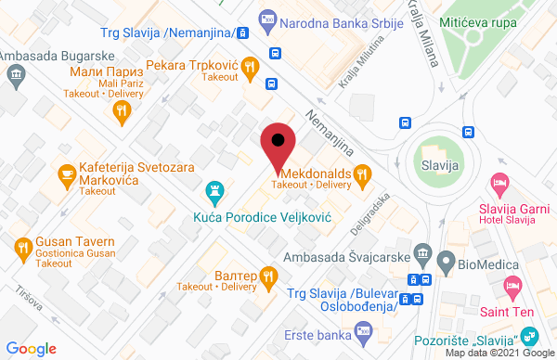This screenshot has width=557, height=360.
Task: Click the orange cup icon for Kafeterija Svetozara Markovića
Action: point(67,173)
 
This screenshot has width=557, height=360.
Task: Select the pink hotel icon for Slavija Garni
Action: point(500,183)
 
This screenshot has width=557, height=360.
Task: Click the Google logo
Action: point(32,348)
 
